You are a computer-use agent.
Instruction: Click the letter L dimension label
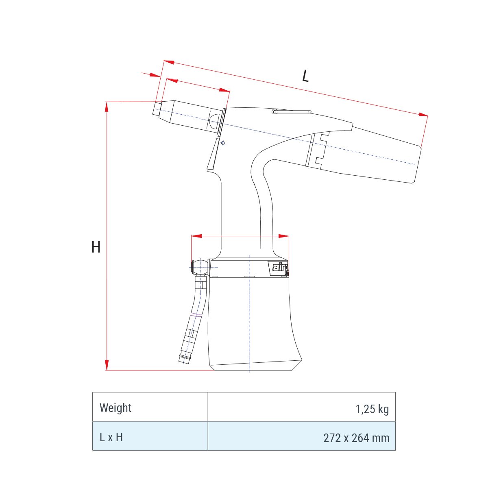(306, 76)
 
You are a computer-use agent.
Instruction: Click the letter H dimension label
(96, 247)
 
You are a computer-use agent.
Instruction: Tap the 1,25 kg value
(372, 409)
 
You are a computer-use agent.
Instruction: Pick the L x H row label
(111, 437)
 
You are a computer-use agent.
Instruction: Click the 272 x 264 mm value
(356, 438)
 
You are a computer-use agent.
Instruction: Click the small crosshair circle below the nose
(223, 143)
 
